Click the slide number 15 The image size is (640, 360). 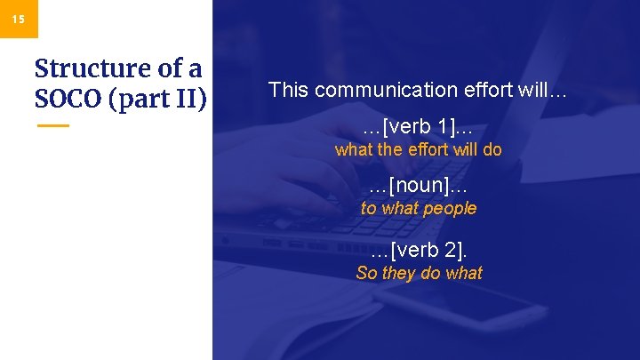[x=19, y=18]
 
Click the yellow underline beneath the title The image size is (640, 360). [x=53, y=125]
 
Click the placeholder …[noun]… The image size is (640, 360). [x=418, y=186]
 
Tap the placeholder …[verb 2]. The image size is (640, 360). [x=418, y=250]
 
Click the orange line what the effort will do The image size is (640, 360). [x=418, y=149]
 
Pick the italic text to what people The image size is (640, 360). [x=418, y=208]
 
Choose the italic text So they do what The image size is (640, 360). [x=418, y=273]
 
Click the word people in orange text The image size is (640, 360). [x=450, y=208]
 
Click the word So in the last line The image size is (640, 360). [x=366, y=273]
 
